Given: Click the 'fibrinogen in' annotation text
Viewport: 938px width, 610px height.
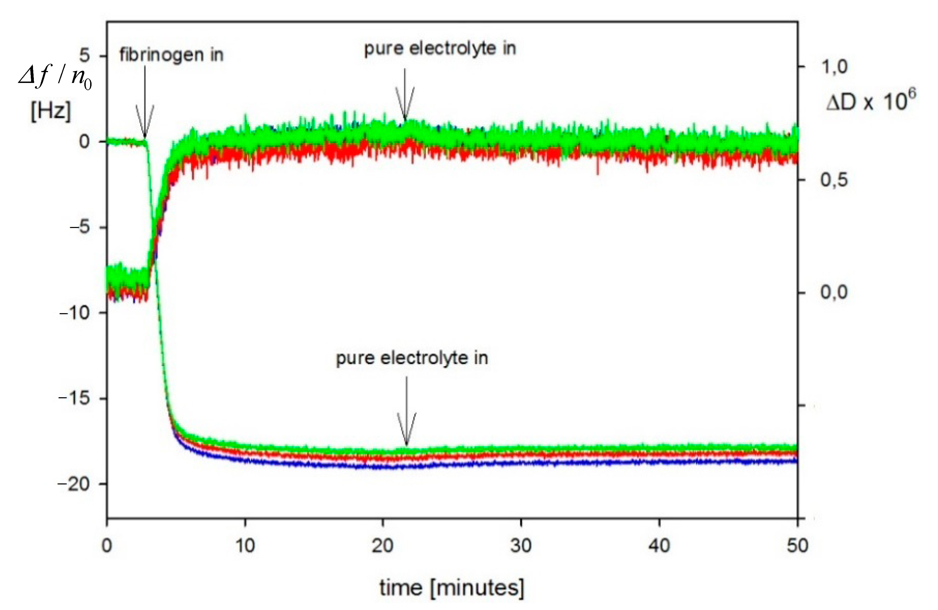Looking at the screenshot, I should pyautogui.click(x=171, y=55).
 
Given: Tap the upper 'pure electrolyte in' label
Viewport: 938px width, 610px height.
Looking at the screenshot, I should pyautogui.click(x=440, y=49).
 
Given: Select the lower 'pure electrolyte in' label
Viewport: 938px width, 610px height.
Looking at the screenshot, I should pyautogui.click(x=412, y=358).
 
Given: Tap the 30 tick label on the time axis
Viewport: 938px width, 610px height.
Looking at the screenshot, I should pyautogui.click(x=521, y=546).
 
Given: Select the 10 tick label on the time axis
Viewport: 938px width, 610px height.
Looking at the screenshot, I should pyautogui.click(x=245, y=546).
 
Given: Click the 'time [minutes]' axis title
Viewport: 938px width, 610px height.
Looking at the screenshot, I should pyautogui.click(x=452, y=588).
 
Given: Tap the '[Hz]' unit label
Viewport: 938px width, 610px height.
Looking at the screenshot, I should pyautogui.click(x=51, y=111).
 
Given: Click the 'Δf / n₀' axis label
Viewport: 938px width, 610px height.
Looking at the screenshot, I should pyautogui.click(x=55, y=76).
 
